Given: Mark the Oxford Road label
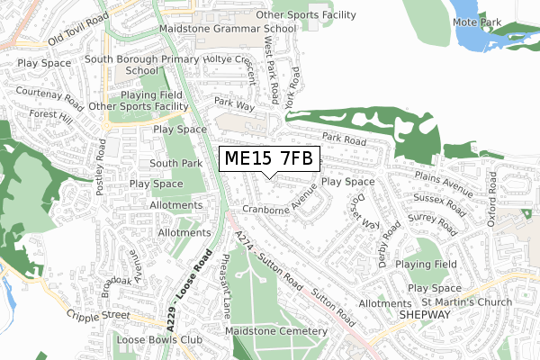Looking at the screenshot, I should (492, 198).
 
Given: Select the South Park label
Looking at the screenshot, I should (175, 164).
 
